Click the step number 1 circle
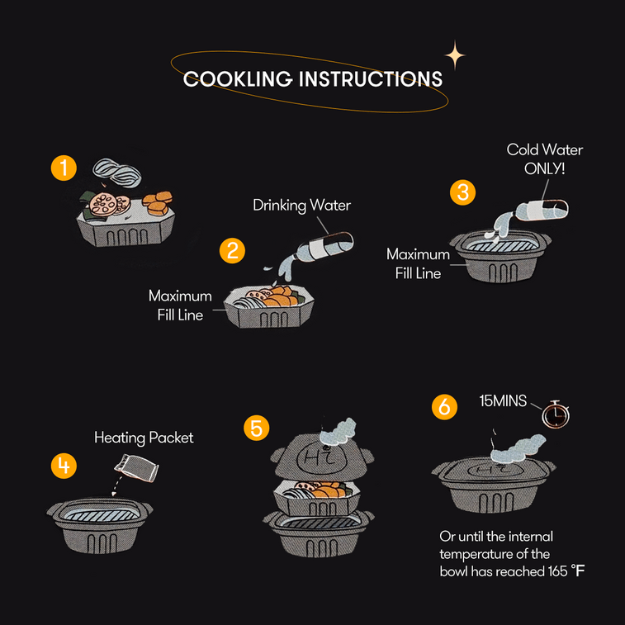(64, 168)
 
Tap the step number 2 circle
(232, 250)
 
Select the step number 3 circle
(463, 192)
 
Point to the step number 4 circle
(64, 466)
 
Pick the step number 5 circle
(257, 428)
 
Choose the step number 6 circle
(445, 407)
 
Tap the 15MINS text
(504, 401)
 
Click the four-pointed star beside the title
(454, 56)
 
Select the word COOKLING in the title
(238, 79)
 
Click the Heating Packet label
(144, 438)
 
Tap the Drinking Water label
(301, 205)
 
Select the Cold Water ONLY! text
(544, 159)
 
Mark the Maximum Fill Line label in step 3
(418, 263)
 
